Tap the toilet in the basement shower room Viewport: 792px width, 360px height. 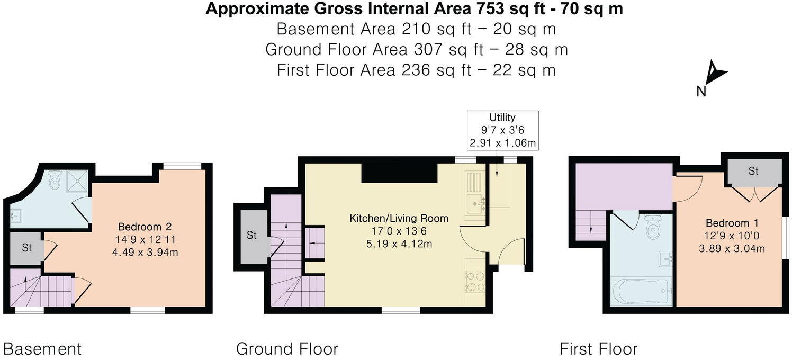click(55, 182)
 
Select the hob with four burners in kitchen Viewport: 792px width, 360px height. click(475, 281)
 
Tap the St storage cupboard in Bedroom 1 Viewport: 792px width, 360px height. click(753, 172)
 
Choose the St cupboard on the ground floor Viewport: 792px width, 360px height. click(252, 236)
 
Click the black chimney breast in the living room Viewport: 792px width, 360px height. click(399, 173)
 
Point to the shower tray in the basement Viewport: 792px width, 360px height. click(77, 181)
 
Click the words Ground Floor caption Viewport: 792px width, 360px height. click(287, 349)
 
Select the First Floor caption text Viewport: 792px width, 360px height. click(598, 349)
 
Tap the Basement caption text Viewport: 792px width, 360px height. click(42, 349)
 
